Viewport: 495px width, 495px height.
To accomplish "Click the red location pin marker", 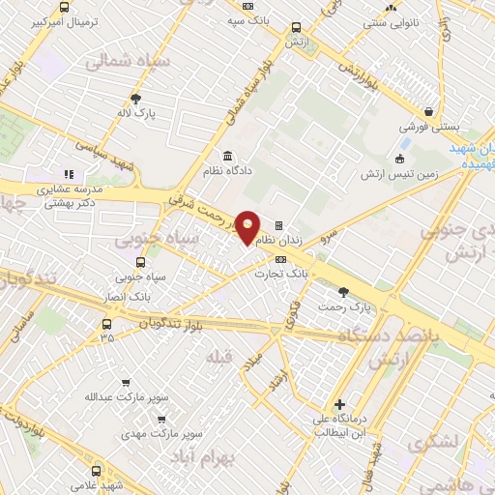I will (248, 226).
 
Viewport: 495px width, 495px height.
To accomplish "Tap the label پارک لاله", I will (138, 112).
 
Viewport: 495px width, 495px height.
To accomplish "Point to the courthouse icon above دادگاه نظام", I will (228, 157).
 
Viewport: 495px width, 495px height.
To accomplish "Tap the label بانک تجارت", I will (280, 274).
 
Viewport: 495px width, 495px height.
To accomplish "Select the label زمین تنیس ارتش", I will (399, 174).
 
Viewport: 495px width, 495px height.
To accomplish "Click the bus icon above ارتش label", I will (296, 27).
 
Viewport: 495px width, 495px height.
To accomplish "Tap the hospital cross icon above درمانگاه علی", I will (337, 404).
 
